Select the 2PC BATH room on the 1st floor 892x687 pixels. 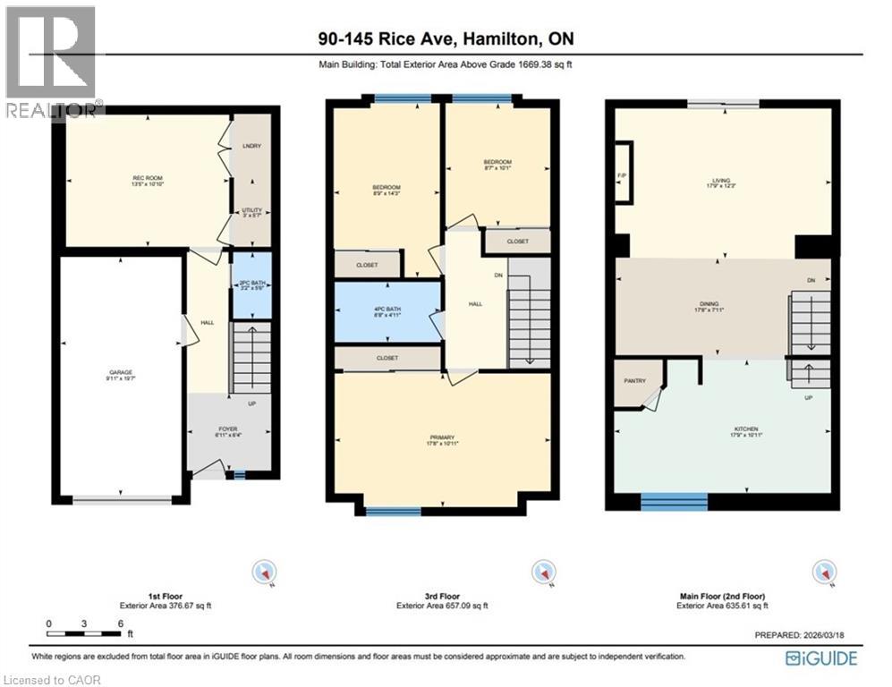251,286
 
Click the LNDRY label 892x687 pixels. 251,146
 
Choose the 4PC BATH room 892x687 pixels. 387,312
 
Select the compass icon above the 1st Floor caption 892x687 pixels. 265,571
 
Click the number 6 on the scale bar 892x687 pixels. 119,623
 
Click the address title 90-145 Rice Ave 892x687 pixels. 445,38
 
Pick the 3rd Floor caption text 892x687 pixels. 442,596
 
